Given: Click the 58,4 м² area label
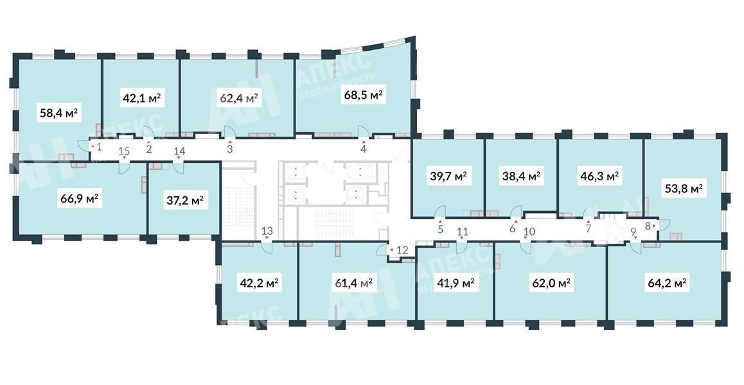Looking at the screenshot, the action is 59,114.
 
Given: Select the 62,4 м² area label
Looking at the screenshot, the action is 238,98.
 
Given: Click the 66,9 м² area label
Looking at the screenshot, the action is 79,198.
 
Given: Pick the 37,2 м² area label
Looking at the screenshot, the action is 185,201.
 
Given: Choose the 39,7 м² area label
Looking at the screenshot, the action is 448,176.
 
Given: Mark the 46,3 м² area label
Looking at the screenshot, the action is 599,176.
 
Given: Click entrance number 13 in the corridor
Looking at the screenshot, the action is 267,232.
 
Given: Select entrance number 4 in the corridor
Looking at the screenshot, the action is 364,149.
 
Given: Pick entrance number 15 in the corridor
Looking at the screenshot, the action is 124,151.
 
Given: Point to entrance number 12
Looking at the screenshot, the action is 402,250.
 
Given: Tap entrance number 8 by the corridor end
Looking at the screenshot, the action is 648,226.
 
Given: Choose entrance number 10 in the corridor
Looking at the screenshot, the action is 529,232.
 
